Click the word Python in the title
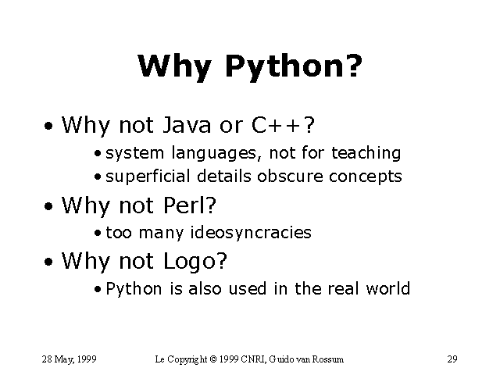point(284,68)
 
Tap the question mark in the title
point(354,66)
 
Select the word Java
point(187,125)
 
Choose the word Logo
point(191,262)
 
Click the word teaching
point(366,153)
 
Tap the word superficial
point(148,177)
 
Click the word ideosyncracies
point(251,233)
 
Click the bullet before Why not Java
point(48,126)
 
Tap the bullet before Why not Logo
point(48,262)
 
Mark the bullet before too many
point(98,234)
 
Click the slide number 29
point(452,359)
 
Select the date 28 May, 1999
point(69,359)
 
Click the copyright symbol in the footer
point(213,359)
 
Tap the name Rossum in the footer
point(328,359)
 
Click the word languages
point(214,153)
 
